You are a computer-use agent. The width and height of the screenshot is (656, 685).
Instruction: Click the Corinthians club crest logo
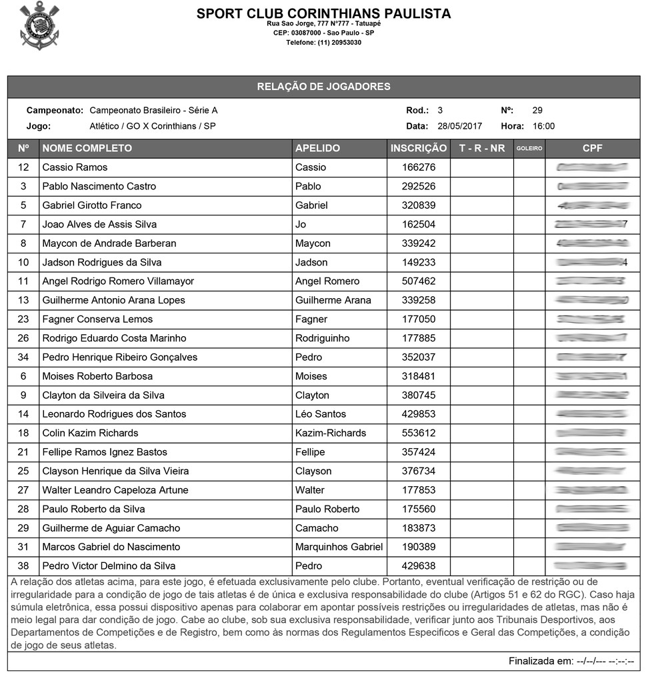[39, 25]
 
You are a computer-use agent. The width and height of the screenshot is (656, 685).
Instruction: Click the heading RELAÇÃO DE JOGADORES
[323, 87]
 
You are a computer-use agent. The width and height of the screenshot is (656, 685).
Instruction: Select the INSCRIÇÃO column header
[418, 148]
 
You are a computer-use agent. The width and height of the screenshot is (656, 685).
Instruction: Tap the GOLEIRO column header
[529, 148]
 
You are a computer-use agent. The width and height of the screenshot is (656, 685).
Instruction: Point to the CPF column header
[592, 148]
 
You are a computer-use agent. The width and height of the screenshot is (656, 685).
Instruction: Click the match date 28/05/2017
[459, 126]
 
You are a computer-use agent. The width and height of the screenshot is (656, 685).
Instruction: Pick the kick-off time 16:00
[543, 126]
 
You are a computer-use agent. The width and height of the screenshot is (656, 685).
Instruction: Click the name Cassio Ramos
[75, 167]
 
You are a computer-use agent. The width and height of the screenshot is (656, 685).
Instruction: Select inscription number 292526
[419, 186]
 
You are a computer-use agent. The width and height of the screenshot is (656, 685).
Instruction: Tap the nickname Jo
[301, 224]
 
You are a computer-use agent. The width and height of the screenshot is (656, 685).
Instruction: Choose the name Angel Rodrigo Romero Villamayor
[118, 281]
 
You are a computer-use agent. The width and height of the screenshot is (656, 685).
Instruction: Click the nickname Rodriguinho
[322, 338]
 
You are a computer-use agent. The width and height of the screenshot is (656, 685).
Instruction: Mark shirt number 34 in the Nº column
[23, 358]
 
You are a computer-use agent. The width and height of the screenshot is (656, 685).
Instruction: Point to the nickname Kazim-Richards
[331, 433]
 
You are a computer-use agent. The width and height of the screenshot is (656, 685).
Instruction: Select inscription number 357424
[419, 452]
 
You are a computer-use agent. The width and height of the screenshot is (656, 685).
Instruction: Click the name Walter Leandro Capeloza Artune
[115, 490]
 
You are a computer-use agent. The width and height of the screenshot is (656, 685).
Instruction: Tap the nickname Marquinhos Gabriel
[339, 547]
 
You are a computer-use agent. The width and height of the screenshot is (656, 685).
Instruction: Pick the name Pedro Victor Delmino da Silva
[109, 566]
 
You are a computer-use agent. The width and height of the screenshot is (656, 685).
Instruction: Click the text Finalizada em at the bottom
[540, 662]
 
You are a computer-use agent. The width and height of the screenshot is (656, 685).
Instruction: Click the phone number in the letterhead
[323, 43]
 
